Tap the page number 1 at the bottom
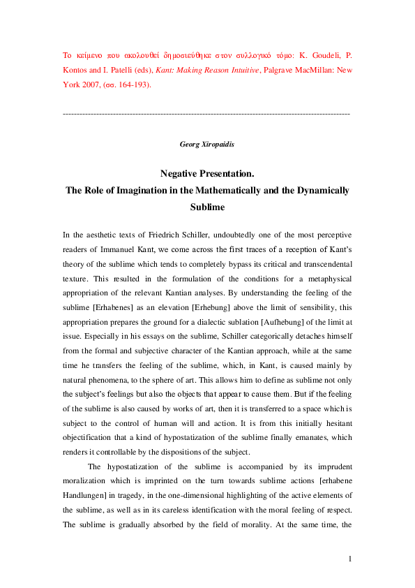(x=350, y=559)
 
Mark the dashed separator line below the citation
(x=206, y=113)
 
